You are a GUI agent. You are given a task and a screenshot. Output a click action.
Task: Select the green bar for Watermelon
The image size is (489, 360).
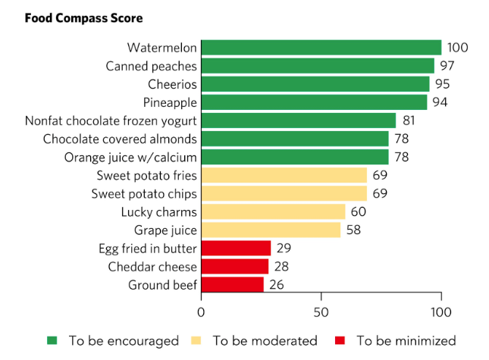click(321, 47)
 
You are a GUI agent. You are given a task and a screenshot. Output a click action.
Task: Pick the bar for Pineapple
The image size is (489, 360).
click(314, 102)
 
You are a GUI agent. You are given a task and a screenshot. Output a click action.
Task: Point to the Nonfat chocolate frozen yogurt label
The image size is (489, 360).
click(111, 121)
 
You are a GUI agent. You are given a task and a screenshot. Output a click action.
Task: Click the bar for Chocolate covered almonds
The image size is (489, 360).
click(295, 139)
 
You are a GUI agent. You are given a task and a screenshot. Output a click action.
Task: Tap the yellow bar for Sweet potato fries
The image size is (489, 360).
click(284, 175)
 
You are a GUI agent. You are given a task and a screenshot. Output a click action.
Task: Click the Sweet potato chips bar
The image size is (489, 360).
click(284, 193)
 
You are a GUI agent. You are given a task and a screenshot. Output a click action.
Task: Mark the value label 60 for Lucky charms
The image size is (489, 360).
click(359, 211)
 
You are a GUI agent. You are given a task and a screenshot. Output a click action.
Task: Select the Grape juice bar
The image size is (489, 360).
click(271, 230)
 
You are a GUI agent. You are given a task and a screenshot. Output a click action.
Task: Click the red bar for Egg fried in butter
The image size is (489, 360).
click(236, 248)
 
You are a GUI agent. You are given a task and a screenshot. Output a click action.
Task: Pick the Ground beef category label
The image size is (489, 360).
click(163, 284)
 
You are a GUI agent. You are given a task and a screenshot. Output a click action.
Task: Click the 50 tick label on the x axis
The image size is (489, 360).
click(321, 312)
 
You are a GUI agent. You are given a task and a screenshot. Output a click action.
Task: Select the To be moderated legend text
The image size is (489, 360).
click(265, 340)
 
